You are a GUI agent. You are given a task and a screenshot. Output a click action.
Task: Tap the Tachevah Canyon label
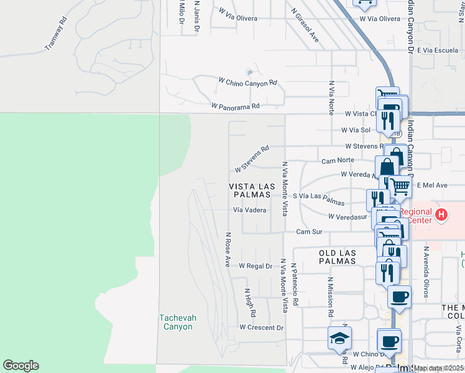click(x=177, y=322)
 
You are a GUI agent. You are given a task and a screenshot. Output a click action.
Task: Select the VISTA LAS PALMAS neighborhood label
click(x=251, y=190)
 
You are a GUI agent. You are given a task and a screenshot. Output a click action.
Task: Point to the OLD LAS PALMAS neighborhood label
click(x=337, y=257)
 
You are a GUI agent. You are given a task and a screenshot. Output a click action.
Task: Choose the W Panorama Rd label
click(x=235, y=107)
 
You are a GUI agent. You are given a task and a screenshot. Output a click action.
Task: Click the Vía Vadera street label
click(x=249, y=210)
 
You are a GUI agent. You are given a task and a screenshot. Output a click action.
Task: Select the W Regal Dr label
click(x=256, y=265)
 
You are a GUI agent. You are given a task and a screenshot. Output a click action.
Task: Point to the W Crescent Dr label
click(x=261, y=327)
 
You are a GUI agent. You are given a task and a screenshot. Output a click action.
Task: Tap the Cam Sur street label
click(x=309, y=232)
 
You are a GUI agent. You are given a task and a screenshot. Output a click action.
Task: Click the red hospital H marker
click(x=441, y=216)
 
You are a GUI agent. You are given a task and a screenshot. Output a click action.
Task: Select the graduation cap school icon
click(x=340, y=338)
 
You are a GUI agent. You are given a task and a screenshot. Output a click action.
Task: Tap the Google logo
click(x=21, y=366)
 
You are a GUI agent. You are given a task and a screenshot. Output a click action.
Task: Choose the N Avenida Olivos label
click(x=427, y=270)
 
